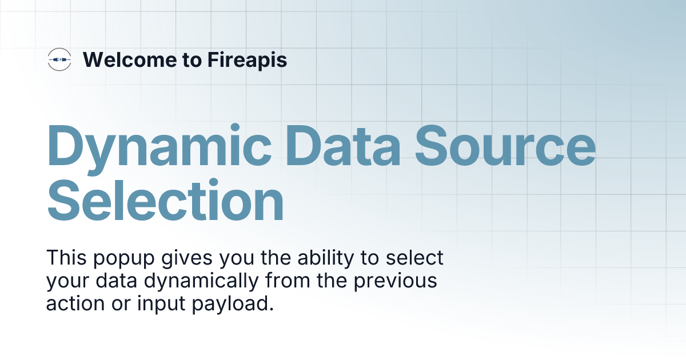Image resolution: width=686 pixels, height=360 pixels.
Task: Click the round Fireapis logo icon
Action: tap(59, 59)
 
